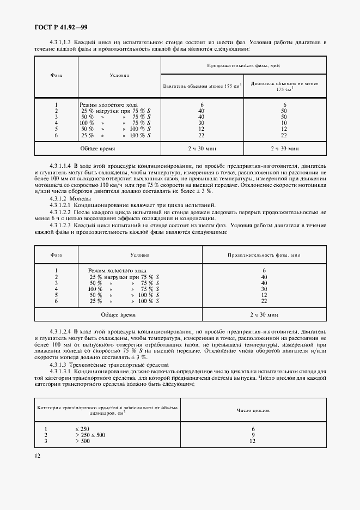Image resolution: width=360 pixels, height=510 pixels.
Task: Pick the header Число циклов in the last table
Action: [253, 411]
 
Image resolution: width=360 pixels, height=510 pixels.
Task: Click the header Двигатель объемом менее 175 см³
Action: [203, 86]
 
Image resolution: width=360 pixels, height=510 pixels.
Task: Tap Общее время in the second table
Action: [118, 314]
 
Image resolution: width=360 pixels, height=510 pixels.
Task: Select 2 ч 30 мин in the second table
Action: [264, 314]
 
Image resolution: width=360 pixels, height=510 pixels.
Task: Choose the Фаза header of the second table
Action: [56, 254]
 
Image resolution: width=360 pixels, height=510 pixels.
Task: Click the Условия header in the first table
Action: [119, 75]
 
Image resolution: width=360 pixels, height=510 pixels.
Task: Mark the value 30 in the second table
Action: [264, 289]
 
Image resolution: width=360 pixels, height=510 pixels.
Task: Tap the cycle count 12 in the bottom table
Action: [253, 441]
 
